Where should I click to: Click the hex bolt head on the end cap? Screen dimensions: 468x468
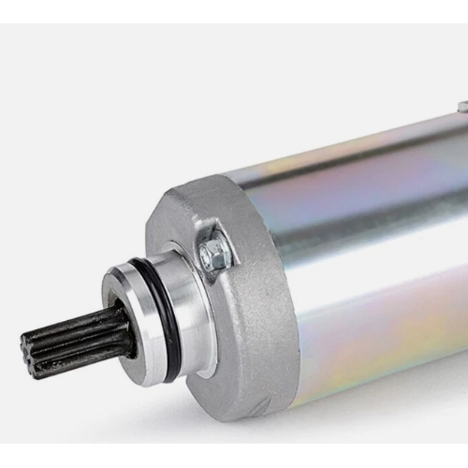(214, 250)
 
